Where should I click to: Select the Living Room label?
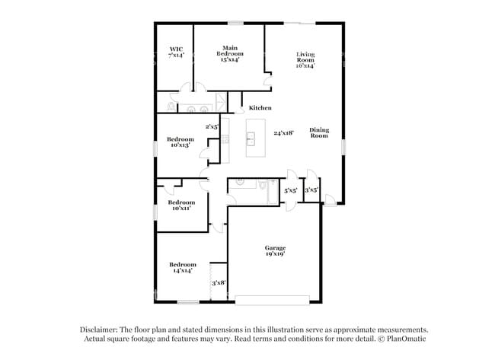[305, 58]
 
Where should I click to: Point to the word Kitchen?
[260, 108]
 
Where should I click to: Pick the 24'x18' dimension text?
[284, 133]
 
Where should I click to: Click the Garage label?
[275, 248]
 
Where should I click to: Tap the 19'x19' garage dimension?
[275, 255]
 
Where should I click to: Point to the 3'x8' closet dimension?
[219, 282]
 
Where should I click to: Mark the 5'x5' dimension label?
[290, 191]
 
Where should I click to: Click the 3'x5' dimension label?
[311, 191]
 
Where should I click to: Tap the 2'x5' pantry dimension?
[212, 127]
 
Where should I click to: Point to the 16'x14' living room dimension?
[305, 65]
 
